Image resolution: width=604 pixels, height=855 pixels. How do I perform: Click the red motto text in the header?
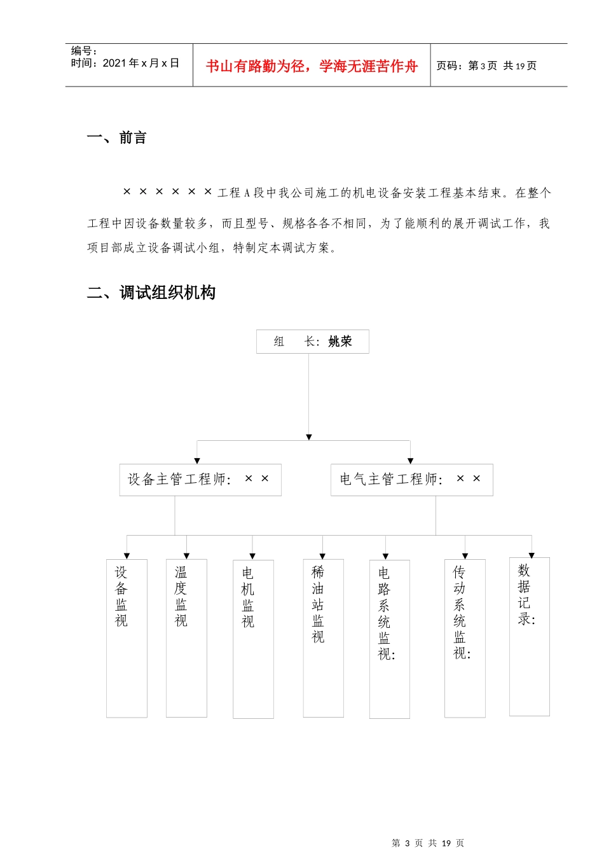pyautogui.click(x=312, y=66)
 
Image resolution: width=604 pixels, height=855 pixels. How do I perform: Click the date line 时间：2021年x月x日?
pyautogui.click(x=125, y=63)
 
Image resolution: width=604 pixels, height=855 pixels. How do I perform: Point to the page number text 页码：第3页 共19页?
pyautogui.click(x=486, y=66)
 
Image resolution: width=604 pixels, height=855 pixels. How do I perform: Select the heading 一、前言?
pyautogui.click(x=117, y=137)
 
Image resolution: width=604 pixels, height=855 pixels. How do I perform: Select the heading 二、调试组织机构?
pyautogui.click(x=151, y=293)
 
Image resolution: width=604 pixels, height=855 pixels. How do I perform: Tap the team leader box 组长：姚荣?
pyautogui.click(x=313, y=342)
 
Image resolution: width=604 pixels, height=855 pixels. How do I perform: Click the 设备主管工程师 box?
pyautogui.click(x=200, y=480)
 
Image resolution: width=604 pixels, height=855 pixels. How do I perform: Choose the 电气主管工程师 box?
pyautogui.click(x=411, y=480)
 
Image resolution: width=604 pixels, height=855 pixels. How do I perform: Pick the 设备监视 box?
pyautogui.click(x=127, y=638)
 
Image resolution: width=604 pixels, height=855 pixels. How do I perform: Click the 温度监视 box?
pyautogui.click(x=186, y=638)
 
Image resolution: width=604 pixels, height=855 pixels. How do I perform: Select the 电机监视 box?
pyautogui.click(x=253, y=639)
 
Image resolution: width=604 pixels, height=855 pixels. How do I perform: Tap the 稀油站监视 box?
pyautogui.click(x=323, y=638)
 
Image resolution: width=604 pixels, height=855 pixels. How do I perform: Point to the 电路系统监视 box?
pyautogui.click(x=389, y=639)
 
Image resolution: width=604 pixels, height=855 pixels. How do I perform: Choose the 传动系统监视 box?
pyautogui.click(x=465, y=638)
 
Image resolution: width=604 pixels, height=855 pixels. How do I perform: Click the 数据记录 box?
pyautogui.click(x=529, y=636)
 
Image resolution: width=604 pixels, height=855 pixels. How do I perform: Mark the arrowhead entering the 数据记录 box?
pyautogui.click(x=532, y=555)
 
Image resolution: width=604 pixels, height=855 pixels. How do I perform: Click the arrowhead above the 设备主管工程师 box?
pyautogui.click(x=197, y=461)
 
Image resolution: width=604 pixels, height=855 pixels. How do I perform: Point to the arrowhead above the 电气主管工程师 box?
pyautogui.click(x=410, y=461)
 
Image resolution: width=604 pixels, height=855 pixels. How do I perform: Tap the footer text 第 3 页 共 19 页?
pyautogui.click(x=428, y=843)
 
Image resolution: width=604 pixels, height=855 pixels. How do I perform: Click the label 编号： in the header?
pyautogui.click(x=84, y=51)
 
